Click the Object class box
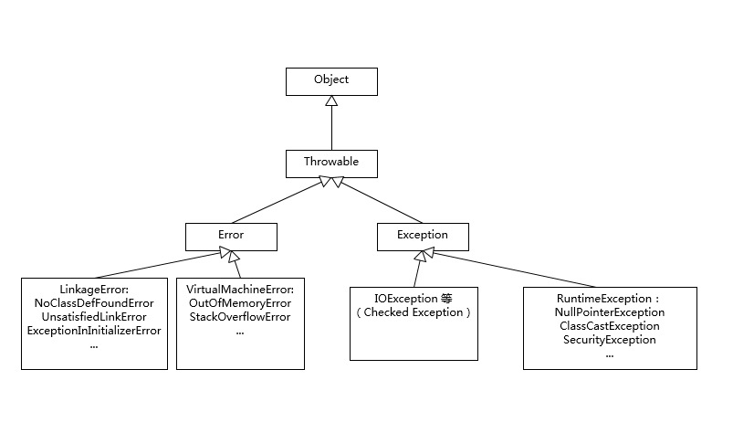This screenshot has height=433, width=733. (330, 80)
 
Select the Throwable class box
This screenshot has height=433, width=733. (330, 163)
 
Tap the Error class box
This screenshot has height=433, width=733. (230, 236)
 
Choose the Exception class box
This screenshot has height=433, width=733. (423, 236)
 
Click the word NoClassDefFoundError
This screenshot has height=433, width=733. (94, 302)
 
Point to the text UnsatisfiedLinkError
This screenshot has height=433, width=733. (94, 317)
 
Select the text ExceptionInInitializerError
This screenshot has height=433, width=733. (94, 331)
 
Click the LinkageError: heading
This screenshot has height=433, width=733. (94, 289)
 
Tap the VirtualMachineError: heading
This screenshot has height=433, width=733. (240, 289)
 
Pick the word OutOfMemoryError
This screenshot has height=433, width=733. (240, 302)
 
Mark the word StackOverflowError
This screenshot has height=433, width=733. (240, 317)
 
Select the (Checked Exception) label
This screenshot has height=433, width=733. (414, 312)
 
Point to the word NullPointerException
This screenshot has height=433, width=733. (610, 312)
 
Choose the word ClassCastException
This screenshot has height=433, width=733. (610, 325)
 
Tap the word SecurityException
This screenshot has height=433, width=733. (610, 340)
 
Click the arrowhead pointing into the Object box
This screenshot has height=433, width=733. (330, 101)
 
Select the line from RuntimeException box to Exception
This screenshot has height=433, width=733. (529, 269)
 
